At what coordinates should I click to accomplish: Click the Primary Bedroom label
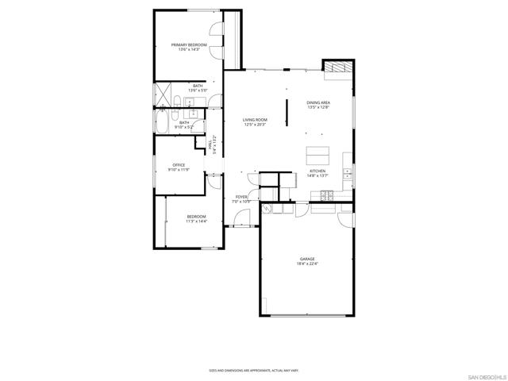tap(189, 45)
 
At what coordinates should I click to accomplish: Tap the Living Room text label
tap(255, 120)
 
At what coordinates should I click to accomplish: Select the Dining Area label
tap(318, 102)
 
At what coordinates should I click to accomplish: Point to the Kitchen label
tap(317, 171)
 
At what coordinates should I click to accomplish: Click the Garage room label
tap(307, 259)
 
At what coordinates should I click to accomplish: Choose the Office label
tap(179, 165)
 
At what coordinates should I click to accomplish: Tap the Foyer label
tap(241, 197)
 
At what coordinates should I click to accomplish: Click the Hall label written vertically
tap(210, 146)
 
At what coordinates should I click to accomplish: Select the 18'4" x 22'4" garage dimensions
tap(307, 264)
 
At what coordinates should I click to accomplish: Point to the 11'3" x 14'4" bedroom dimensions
tap(196, 221)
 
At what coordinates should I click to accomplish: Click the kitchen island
tap(317, 153)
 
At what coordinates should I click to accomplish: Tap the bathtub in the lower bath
tap(163, 123)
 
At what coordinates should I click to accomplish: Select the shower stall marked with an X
tap(163, 93)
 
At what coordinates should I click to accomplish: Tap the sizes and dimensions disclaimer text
tap(253, 370)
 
